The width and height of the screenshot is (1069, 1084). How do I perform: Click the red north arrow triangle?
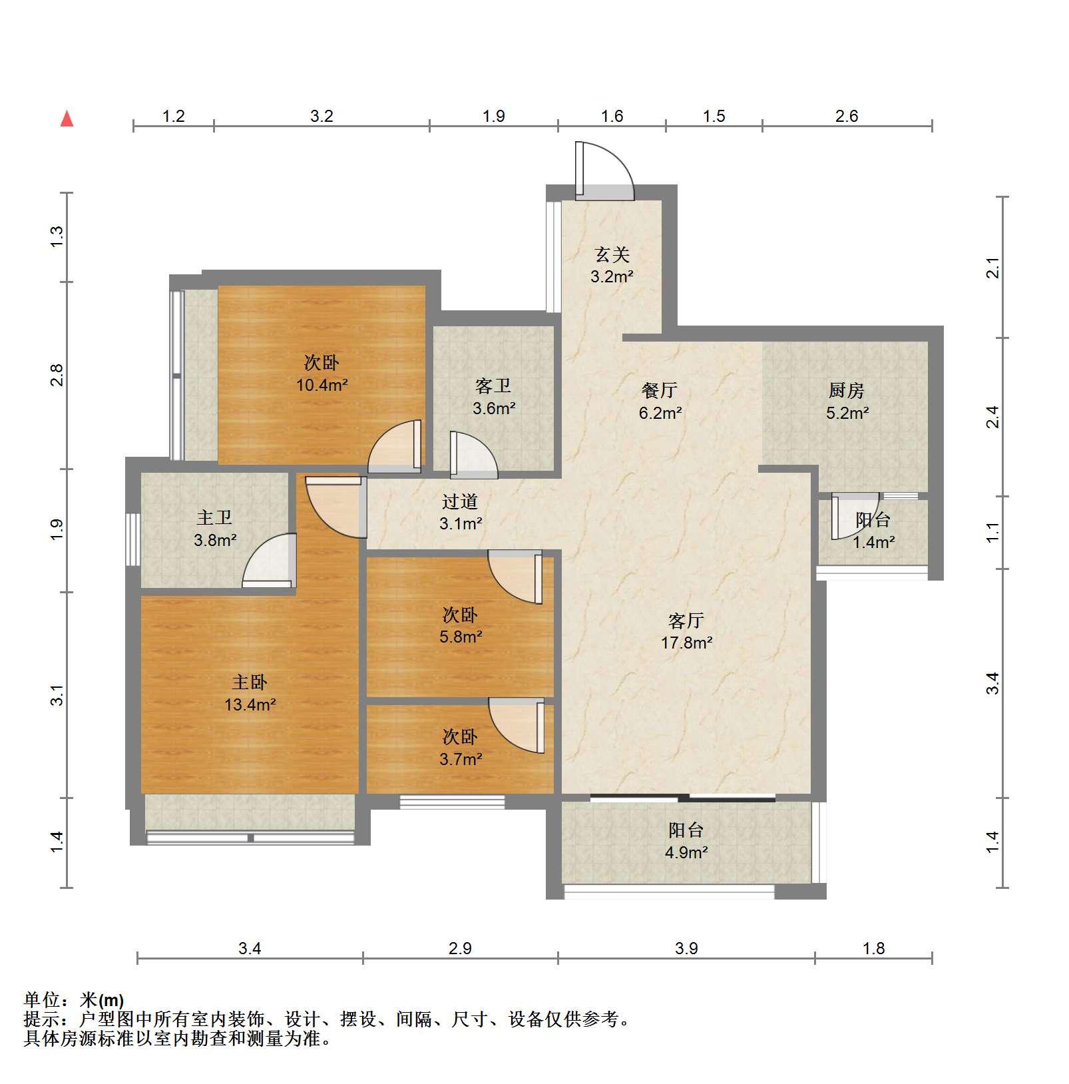pos(67,119)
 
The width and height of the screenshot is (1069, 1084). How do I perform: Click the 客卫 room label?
pos(493,386)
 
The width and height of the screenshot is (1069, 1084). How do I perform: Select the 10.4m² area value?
pos(322,385)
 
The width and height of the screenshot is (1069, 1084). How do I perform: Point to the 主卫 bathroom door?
pos(269,561)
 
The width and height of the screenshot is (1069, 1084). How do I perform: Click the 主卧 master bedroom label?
pos(250,682)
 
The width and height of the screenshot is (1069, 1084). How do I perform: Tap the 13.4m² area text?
pos(250,704)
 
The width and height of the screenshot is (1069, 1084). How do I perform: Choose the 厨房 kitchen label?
pos(847,390)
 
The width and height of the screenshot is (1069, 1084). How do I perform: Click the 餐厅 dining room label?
pos(660,390)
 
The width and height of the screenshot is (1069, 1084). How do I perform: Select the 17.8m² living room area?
pos(687,643)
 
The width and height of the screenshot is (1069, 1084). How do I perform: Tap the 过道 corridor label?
pos(460,501)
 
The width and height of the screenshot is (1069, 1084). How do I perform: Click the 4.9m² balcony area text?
pos(686,852)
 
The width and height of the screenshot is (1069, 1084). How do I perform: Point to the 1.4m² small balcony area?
pos(874,543)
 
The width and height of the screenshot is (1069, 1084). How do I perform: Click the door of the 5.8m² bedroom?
pos(515,577)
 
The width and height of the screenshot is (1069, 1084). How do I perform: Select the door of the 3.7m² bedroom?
pos(515,726)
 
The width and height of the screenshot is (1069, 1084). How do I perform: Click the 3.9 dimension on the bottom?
pos(686,948)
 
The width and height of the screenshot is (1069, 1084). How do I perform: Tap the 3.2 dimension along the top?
pos(321,117)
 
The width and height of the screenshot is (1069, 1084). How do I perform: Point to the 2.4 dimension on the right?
pos(992,417)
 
